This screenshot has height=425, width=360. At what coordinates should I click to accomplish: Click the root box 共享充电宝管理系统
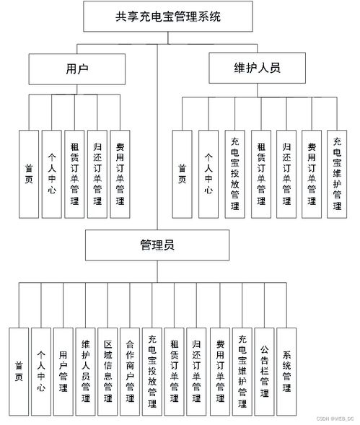(168, 16)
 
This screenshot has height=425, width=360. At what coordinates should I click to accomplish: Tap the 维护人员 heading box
(258, 69)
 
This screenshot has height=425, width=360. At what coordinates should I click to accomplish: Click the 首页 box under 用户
(27, 174)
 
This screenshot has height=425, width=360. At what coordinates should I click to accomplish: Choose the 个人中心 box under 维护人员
(208, 174)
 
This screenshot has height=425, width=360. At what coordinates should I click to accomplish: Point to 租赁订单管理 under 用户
(73, 174)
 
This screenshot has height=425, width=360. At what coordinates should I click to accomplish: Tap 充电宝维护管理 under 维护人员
(336, 174)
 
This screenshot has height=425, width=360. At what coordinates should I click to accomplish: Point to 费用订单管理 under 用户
(120, 174)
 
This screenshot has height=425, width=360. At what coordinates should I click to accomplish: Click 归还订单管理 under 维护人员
(286, 174)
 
